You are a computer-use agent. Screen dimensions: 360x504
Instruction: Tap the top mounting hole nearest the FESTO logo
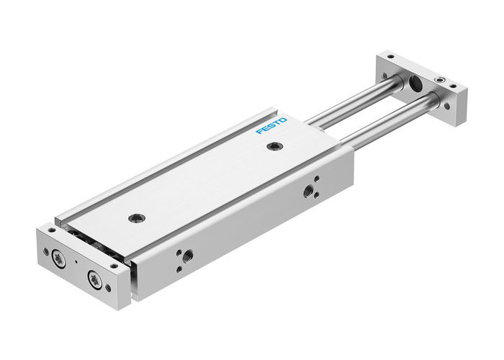point(272,147)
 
